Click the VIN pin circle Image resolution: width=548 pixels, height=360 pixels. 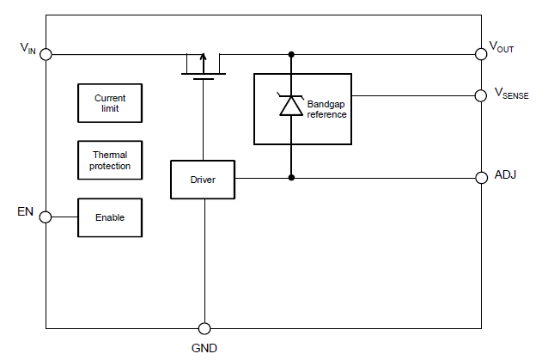click(x=46, y=54)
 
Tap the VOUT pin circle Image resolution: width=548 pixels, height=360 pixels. click(x=481, y=54)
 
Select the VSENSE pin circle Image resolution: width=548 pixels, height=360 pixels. click(x=481, y=95)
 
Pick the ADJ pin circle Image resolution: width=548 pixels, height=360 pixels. click(x=482, y=178)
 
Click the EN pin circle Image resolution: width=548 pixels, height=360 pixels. click(x=46, y=217)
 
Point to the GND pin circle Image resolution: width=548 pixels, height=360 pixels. click(x=204, y=328)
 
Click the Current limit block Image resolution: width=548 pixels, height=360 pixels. click(x=110, y=103)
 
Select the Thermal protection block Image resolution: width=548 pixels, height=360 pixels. click(x=110, y=160)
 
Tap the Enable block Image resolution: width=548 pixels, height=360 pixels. click(x=110, y=217)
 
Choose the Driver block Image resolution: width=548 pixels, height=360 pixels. click(x=203, y=180)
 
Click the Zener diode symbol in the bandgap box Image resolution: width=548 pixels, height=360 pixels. click(x=291, y=105)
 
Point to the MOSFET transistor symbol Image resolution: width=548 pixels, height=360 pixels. click(x=204, y=66)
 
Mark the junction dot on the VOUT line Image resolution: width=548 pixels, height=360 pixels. click(x=291, y=54)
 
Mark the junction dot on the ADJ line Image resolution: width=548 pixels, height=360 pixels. click(x=291, y=178)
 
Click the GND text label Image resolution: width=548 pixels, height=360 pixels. click(x=204, y=348)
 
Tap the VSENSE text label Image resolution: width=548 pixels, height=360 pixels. click(x=512, y=94)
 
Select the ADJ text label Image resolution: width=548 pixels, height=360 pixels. click(x=505, y=174)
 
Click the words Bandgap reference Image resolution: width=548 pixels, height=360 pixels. click(x=326, y=109)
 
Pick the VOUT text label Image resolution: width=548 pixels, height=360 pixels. click(x=502, y=47)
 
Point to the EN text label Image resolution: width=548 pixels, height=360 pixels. click(x=25, y=211)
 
